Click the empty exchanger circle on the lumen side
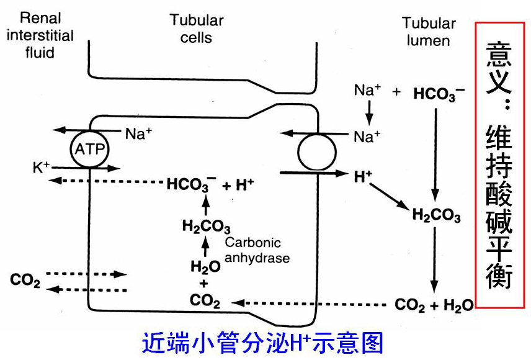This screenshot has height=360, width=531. tap(316, 150)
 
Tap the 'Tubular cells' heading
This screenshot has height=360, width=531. tap(197, 29)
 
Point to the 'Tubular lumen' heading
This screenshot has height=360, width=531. tap(429, 32)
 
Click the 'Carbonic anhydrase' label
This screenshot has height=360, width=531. tap(257, 250)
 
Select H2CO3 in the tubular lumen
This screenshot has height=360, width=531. tap(436, 216)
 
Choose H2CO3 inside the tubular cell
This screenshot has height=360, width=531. tap(206, 227)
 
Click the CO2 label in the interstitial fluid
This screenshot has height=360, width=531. tap(25, 281)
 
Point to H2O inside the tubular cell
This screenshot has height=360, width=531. tap(205, 267)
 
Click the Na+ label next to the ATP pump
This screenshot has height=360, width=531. tap(138, 133)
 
